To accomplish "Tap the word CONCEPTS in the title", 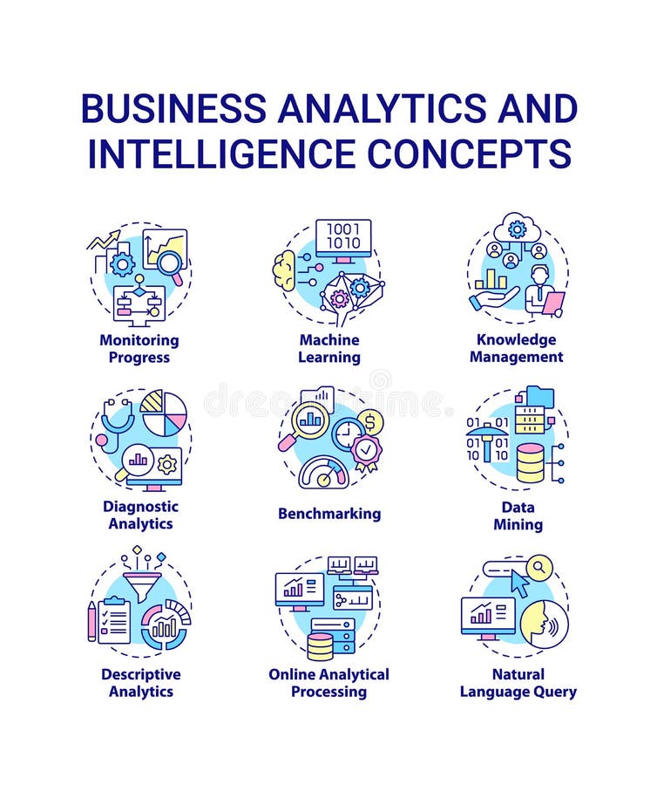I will coord(469,153).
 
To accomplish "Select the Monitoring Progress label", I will coord(139,349).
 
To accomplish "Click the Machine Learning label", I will coord(329,349).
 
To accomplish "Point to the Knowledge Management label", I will coord(517,348).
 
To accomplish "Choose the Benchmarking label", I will coord(329,514).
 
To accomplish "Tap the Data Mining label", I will coord(518,515).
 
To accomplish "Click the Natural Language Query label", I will coord(518,683).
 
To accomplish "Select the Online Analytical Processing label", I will coord(329,683).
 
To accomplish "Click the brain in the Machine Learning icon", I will coord(284,271).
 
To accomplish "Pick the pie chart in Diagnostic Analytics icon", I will coord(164,413).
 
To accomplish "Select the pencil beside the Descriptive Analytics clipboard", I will coord(92,620).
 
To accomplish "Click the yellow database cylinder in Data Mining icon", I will coord(530,463).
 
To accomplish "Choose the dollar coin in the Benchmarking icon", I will coord(371,423).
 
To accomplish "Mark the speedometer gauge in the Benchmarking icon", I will coord(324,474).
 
